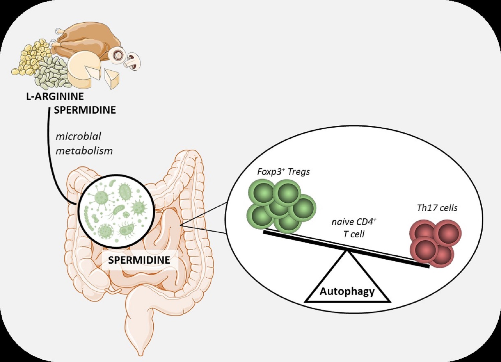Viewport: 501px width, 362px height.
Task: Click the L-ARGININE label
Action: [55, 96]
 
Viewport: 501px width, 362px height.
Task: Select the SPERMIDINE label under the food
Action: [85, 110]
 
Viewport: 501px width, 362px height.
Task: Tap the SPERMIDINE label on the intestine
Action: [139, 260]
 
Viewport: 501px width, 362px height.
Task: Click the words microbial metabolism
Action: [83, 143]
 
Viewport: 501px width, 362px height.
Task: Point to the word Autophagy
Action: [347, 291]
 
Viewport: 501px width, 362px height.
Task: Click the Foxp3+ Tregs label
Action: [283, 172]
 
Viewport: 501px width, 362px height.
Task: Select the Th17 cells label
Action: [437, 208]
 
